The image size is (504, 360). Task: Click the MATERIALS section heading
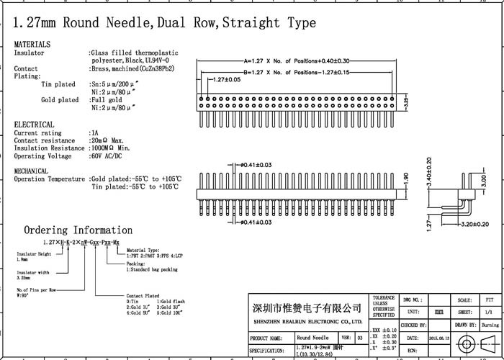click(x=32, y=45)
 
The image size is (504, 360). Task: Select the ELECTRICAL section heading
click(x=34, y=125)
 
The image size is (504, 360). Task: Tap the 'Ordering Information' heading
click(x=78, y=230)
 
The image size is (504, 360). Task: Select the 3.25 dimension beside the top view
click(x=407, y=104)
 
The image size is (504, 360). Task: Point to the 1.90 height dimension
click(x=406, y=177)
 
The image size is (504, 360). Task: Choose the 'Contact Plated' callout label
click(x=143, y=296)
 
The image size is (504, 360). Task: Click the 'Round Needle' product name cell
click(x=312, y=337)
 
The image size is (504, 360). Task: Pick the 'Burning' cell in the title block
click(x=490, y=325)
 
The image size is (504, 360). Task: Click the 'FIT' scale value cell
click(x=490, y=300)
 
